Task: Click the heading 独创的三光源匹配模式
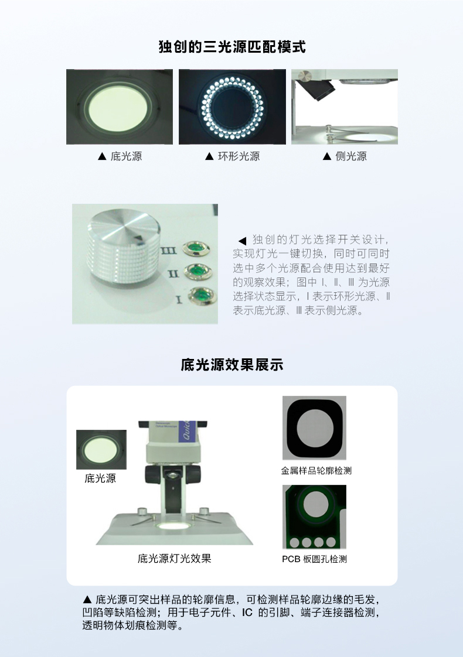pyautogui.click(x=232, y=46)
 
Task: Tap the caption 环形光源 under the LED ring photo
pyautogui.click(x=239, y=156)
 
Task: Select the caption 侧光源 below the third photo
pyautogui.click(x=350, y=156)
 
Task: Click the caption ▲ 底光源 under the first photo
pyautogui.click(x=120, y=156)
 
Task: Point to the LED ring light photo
pyautogui.click(x=232, y=107)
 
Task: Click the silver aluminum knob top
pyautogui.click(x=124, y=226)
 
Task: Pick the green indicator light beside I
pyautogui.click(x=202, y=296)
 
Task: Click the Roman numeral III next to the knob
pyautogui.click(x=169, y=251)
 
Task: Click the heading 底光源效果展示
pyautogui.click(x=232, y=365)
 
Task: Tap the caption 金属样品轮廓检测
pyautogui.click(x=316, y=471)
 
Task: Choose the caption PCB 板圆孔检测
pyautogui.click(x=315, y=559)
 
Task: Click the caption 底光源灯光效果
pyautogui.click(x=175, y=558)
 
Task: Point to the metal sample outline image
pyautogui.click(x=315, y=428)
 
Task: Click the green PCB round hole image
pyautogui.click(x=315, y=517)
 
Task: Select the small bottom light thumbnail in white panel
pyautogui.click(x=101, y=450)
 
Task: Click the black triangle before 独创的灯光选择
pyautogui.click(x=242, y=241)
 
